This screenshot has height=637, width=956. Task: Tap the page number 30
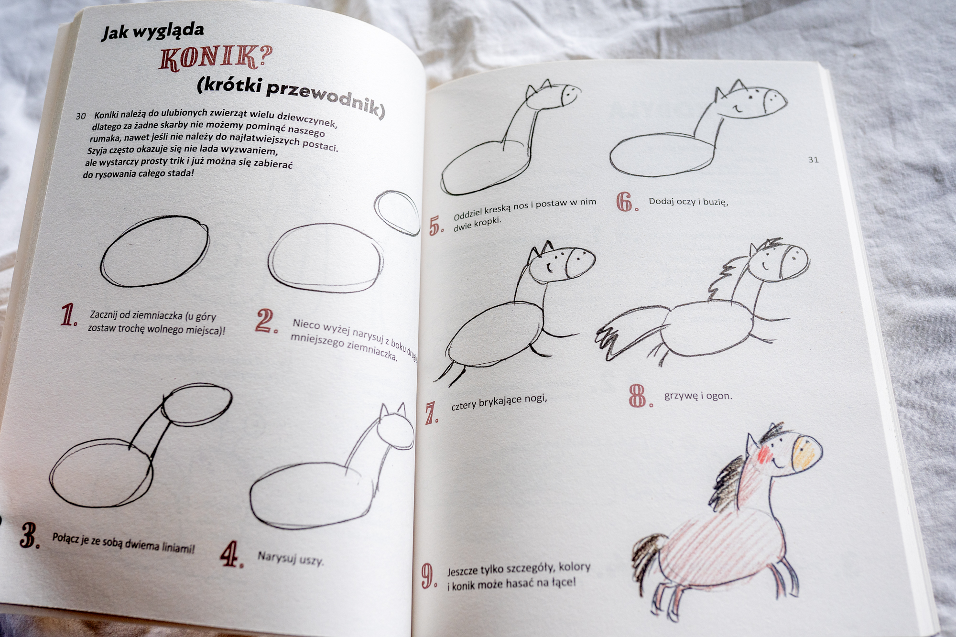pos(81,116)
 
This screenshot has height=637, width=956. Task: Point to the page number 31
pos(814,160)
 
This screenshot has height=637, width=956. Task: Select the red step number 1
pos(69,315)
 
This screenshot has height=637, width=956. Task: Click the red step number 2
pos(266,321)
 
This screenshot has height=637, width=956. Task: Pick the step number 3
pos(30,535)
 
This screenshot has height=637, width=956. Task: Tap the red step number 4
pos(231,554)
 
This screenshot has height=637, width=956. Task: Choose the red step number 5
pos(436,226)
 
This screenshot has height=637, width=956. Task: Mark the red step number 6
pos(627,202)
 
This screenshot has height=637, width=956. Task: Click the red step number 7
pos(432,413)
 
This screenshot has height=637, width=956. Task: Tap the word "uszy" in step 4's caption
pos(311,561)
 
